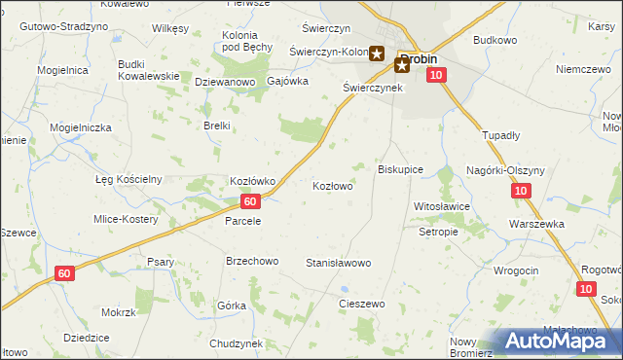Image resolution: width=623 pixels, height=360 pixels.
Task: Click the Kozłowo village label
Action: [x=332, y=185]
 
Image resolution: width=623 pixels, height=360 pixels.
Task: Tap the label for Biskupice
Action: [x=400, y=169]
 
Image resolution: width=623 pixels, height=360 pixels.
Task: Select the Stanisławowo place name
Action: [x=339, y=264]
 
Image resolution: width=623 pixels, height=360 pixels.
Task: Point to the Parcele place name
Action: [x=243, y=221]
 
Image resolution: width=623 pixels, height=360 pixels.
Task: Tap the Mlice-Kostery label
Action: [x=126, y=219]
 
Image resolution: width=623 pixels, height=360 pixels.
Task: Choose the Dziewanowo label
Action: [x=225, y=83]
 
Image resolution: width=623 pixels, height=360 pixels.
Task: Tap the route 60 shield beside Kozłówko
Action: [x=250, y=201]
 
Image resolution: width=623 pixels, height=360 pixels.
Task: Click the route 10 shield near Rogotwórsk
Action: [x=585, y=289]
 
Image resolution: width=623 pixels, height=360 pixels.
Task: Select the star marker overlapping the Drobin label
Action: [x=401, y=65]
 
